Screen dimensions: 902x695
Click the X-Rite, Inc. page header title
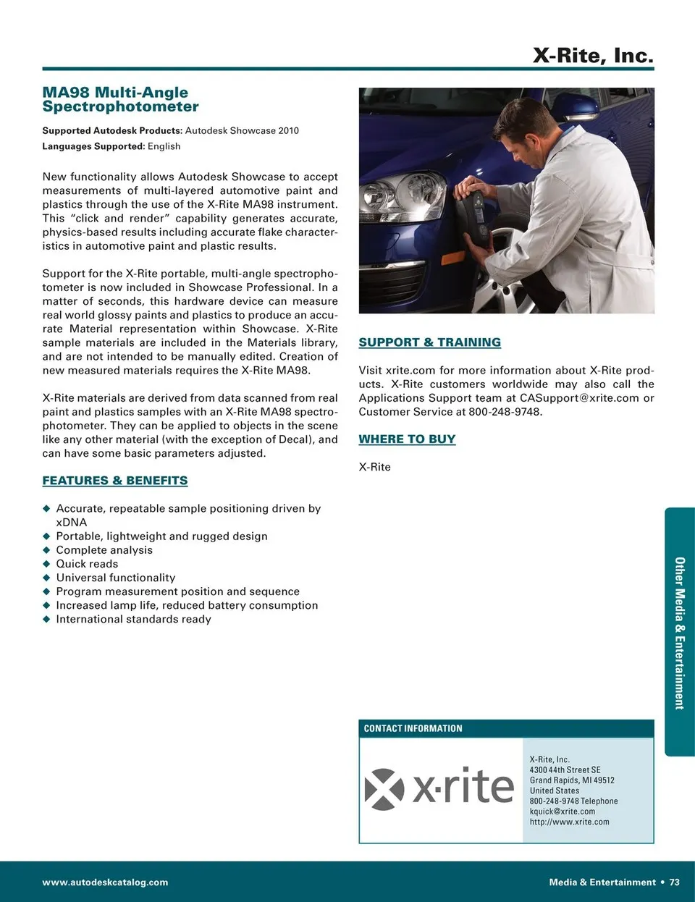[593, 55]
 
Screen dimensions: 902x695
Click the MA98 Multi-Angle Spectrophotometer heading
[120, 99]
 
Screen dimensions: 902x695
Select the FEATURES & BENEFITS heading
[115, 481]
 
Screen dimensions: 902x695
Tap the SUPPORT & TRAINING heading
[430, 342]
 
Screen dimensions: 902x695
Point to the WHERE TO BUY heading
[407, 439]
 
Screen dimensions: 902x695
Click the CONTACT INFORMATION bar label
[413, 728]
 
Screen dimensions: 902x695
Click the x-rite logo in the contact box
[439, 788]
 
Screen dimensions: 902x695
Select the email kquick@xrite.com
[562, 812]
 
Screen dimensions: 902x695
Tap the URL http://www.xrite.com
[569, 822]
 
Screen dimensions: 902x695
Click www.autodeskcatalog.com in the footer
[105, 882]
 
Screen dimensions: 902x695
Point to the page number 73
[674, 882]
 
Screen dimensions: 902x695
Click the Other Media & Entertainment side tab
[679, 632]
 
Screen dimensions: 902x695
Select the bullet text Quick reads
[87, 564]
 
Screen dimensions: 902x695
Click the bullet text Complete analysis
[104, 550]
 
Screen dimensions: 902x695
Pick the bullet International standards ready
[133, 619]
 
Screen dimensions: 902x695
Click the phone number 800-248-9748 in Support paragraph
[505, 412]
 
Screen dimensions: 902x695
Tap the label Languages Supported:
[93, 146]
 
